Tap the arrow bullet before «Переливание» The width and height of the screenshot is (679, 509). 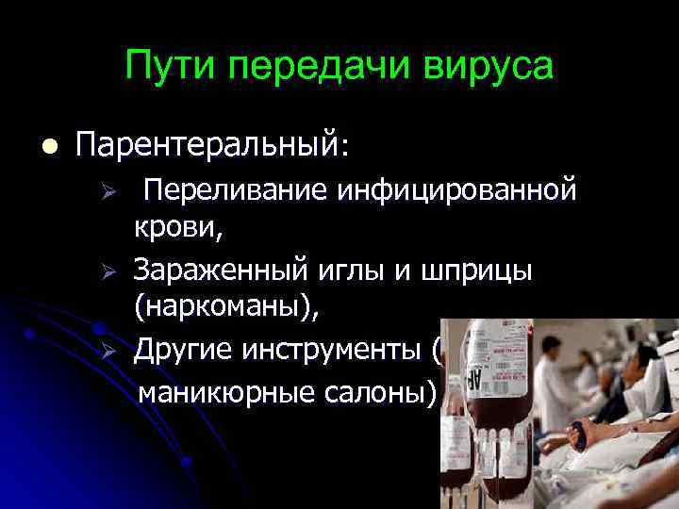108,193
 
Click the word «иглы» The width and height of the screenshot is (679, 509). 346,271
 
